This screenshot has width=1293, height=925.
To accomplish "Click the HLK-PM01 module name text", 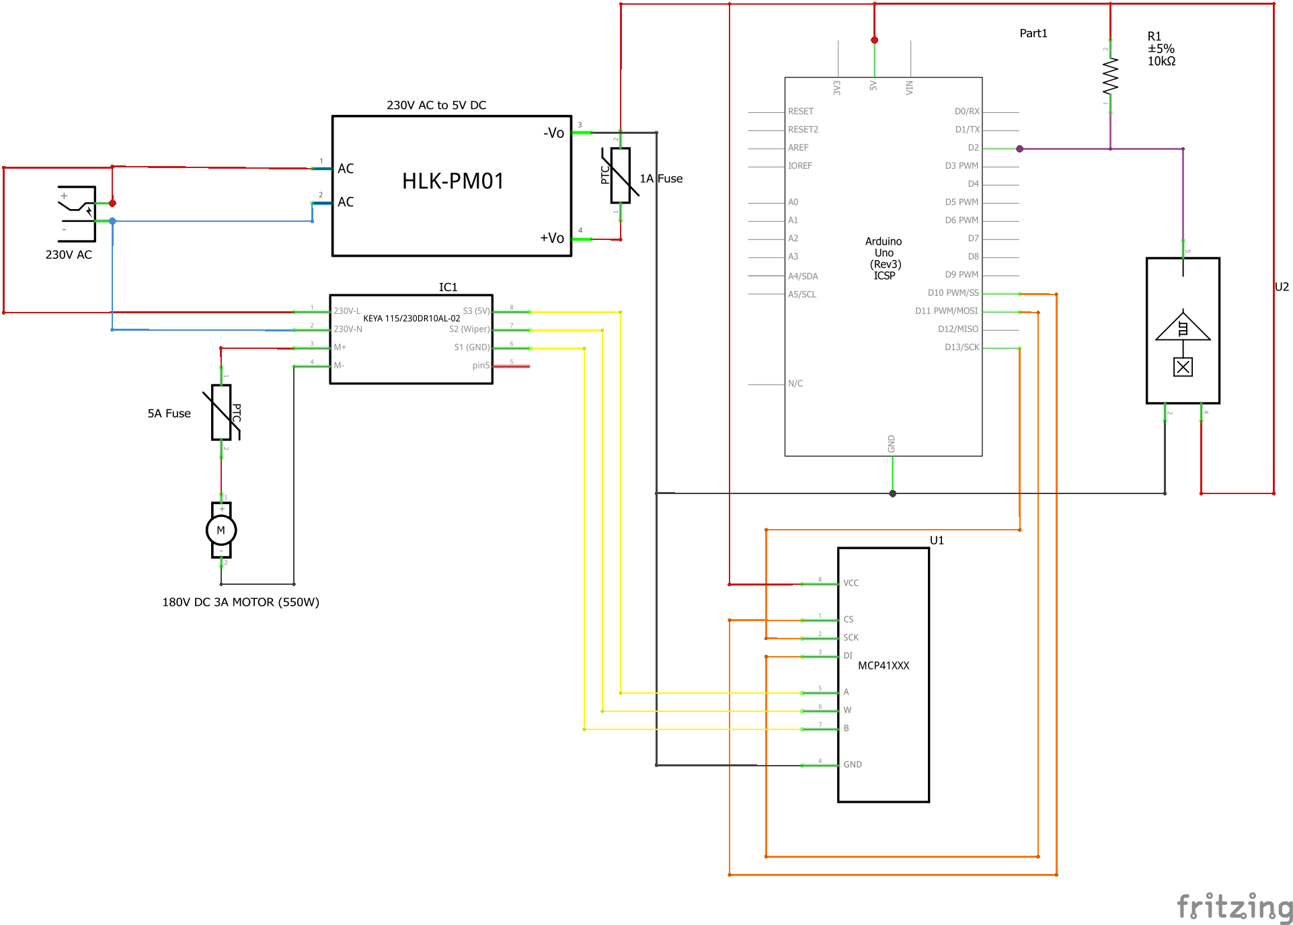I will [453, 182].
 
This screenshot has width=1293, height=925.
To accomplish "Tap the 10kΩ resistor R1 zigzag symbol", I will [1110, 75].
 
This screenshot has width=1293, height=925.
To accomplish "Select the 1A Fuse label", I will [661, 179].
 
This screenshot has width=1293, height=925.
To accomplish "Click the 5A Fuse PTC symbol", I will [221, 413].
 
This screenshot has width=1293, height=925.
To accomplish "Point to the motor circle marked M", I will [221, 530].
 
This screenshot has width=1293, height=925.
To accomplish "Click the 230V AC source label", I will [69, 255].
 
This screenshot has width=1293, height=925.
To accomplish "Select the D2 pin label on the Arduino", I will [973, 148].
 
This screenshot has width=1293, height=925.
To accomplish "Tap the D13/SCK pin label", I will [962, 348].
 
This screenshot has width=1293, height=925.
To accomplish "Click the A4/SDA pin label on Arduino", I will [803, 276].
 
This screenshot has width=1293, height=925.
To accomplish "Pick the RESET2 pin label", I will [803, 130].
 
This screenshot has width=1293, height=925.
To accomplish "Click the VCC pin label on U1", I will [851, 584].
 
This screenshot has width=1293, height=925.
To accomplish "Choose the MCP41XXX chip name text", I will [884, 666].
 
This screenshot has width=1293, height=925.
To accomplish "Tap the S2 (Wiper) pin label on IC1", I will [469, 329].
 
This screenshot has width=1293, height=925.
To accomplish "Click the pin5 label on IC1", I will [481, 366].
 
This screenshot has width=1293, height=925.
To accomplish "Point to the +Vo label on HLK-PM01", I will [552, 238].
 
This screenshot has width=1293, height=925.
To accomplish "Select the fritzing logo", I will [1235, 907].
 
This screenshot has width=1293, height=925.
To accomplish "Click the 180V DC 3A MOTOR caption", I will [241, 602].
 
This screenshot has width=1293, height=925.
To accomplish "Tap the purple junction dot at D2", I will [1020, 149].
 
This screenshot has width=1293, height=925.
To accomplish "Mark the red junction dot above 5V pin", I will [874, 40].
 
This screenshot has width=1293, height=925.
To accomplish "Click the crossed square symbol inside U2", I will [1183, 367].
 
